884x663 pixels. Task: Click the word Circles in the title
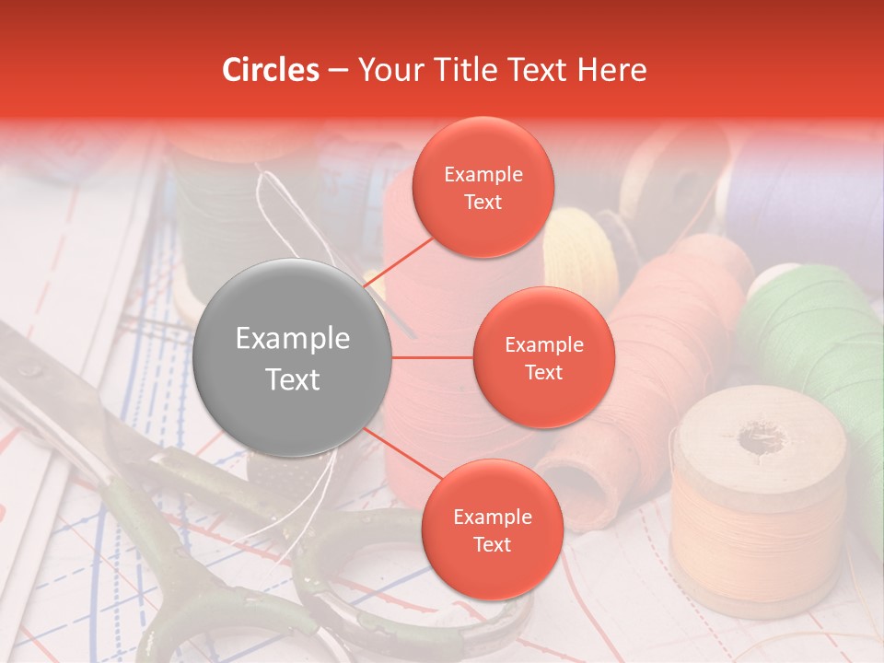[x=271, y=70]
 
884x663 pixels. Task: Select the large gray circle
[x=293, y=357]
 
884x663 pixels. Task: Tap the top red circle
[x=483, y=187]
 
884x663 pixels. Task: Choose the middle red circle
[x=543, y=357]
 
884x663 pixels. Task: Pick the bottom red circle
[x=492, y=529]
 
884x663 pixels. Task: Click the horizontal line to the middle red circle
[x=433, y=357]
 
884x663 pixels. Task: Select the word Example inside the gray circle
[x=293, y=339]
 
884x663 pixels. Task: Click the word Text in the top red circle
[x=483, y=202]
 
